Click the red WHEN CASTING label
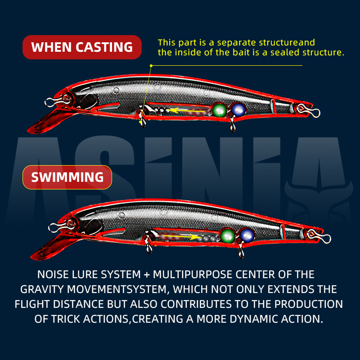tap(82, 47)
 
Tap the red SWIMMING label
tap(67, 177)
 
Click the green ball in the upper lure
tap(220, 109)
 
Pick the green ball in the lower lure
tap(227, 235)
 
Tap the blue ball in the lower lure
tap(246, 235)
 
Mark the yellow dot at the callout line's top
tap(151, 66)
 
